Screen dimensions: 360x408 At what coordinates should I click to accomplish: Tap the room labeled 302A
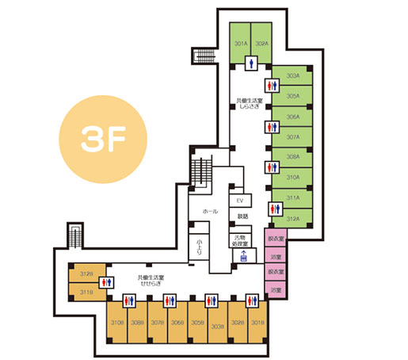point(262,44)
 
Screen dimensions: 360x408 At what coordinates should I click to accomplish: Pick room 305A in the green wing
point(293,97)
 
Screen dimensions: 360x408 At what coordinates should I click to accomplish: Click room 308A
point(293,157)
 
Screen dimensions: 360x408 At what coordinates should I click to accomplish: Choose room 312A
point(293,219)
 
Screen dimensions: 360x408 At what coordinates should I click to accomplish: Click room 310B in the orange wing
point(117,323)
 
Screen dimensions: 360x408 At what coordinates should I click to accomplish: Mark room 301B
point(257,323)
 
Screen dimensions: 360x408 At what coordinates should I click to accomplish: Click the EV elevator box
point(239,201)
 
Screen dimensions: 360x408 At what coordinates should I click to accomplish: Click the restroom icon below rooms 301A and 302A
point(252,61)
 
